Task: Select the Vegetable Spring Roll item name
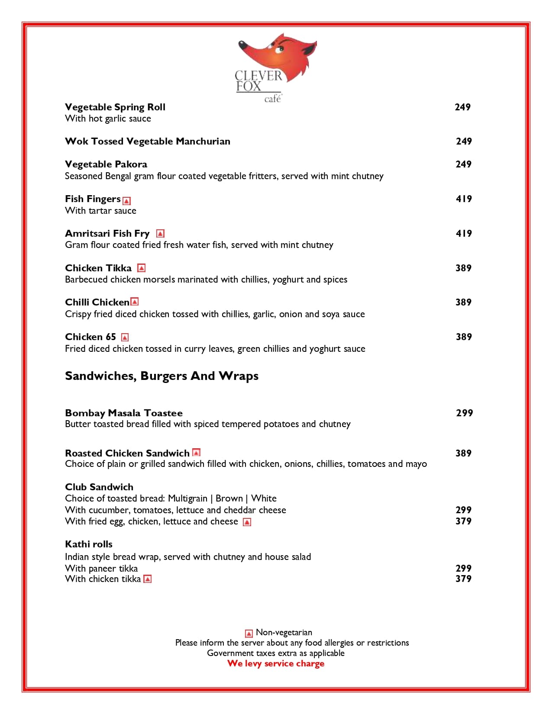pyautogui.click(x=115, y=107)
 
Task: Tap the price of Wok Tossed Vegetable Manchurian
pyautogui.click(x=464, y=141)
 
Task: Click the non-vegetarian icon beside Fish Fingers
pyautogui.click(x=126, y=200)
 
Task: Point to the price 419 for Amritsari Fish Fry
pyautogui.click(x=464, y=233)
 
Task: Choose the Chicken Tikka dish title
pyautogui.click(x=98, y=268)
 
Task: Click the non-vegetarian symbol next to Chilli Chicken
pyautogui.click(x=135, y=302)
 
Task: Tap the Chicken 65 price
pyautogui.click(x=464, y=337)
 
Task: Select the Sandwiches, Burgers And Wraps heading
pyautogui.click(x=161, y=376)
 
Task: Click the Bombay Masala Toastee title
pyautogui.click(x=124, y=413)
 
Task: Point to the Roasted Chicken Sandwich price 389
pyautogui.click(x=463, y=453)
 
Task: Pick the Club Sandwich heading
pyautogui.click(x=99, y=487)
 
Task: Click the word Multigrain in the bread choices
pyautogui.click(x=187, y=498)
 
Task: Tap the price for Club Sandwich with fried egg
pyautogui.click(x=463, y=521)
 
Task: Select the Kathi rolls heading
pyautogui.click(x=89, y=544)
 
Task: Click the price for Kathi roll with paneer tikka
pyautogui.click(x=463, y=568)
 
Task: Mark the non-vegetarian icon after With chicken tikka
pyautogui.click(x=148, y=579)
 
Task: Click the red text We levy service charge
pyautogui.click(x=276, y=663)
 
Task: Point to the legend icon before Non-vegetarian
pyautogui.click(x=249, y=634)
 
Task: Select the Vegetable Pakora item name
pyautogui.click(x=106, y=164)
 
